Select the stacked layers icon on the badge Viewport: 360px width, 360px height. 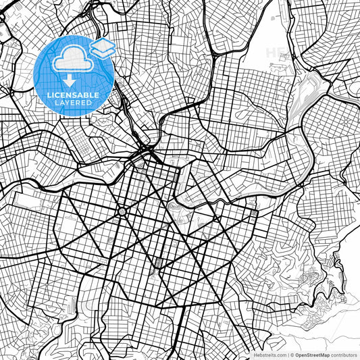point(103,49)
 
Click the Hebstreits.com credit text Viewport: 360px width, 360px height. point(268,354)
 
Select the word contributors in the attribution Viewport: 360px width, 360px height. point(343,354)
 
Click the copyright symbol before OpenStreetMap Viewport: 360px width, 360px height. point(293,354)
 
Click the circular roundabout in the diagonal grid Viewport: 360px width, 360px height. point(122,211)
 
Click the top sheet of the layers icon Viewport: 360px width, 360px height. point(103,45)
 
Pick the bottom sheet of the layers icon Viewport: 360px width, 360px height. point(103,53)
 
